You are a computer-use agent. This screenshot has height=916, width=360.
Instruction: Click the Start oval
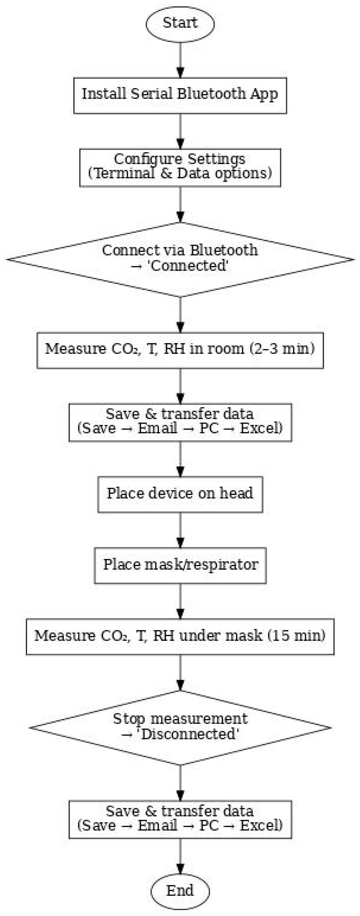pyautogui.click(x=180, y=23)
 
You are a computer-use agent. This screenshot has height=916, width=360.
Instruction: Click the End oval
pyautogui.click(x=180, y=891)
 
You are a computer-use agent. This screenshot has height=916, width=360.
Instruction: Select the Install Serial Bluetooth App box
pyautogui.click(x=180, y=95)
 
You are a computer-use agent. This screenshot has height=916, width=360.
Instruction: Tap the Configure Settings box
pyautogui.click(x=180, y=167)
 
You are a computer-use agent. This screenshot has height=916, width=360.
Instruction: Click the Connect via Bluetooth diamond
pyautogui.click(x=180, y=259)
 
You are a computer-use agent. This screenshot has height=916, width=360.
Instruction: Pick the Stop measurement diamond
pyautogui.click(x=180, y=727)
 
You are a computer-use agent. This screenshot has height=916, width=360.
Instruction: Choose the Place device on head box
pyautogui.click(x=180, y=494)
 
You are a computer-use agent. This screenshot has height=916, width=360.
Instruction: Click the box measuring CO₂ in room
pyautogui.click(x=180, y=350)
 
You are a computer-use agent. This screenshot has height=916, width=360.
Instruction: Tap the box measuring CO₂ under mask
pyautogui.click(x=180, y=636)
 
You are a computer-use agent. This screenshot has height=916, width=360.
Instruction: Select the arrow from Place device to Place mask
pyautogui.click(x=180, y=530)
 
